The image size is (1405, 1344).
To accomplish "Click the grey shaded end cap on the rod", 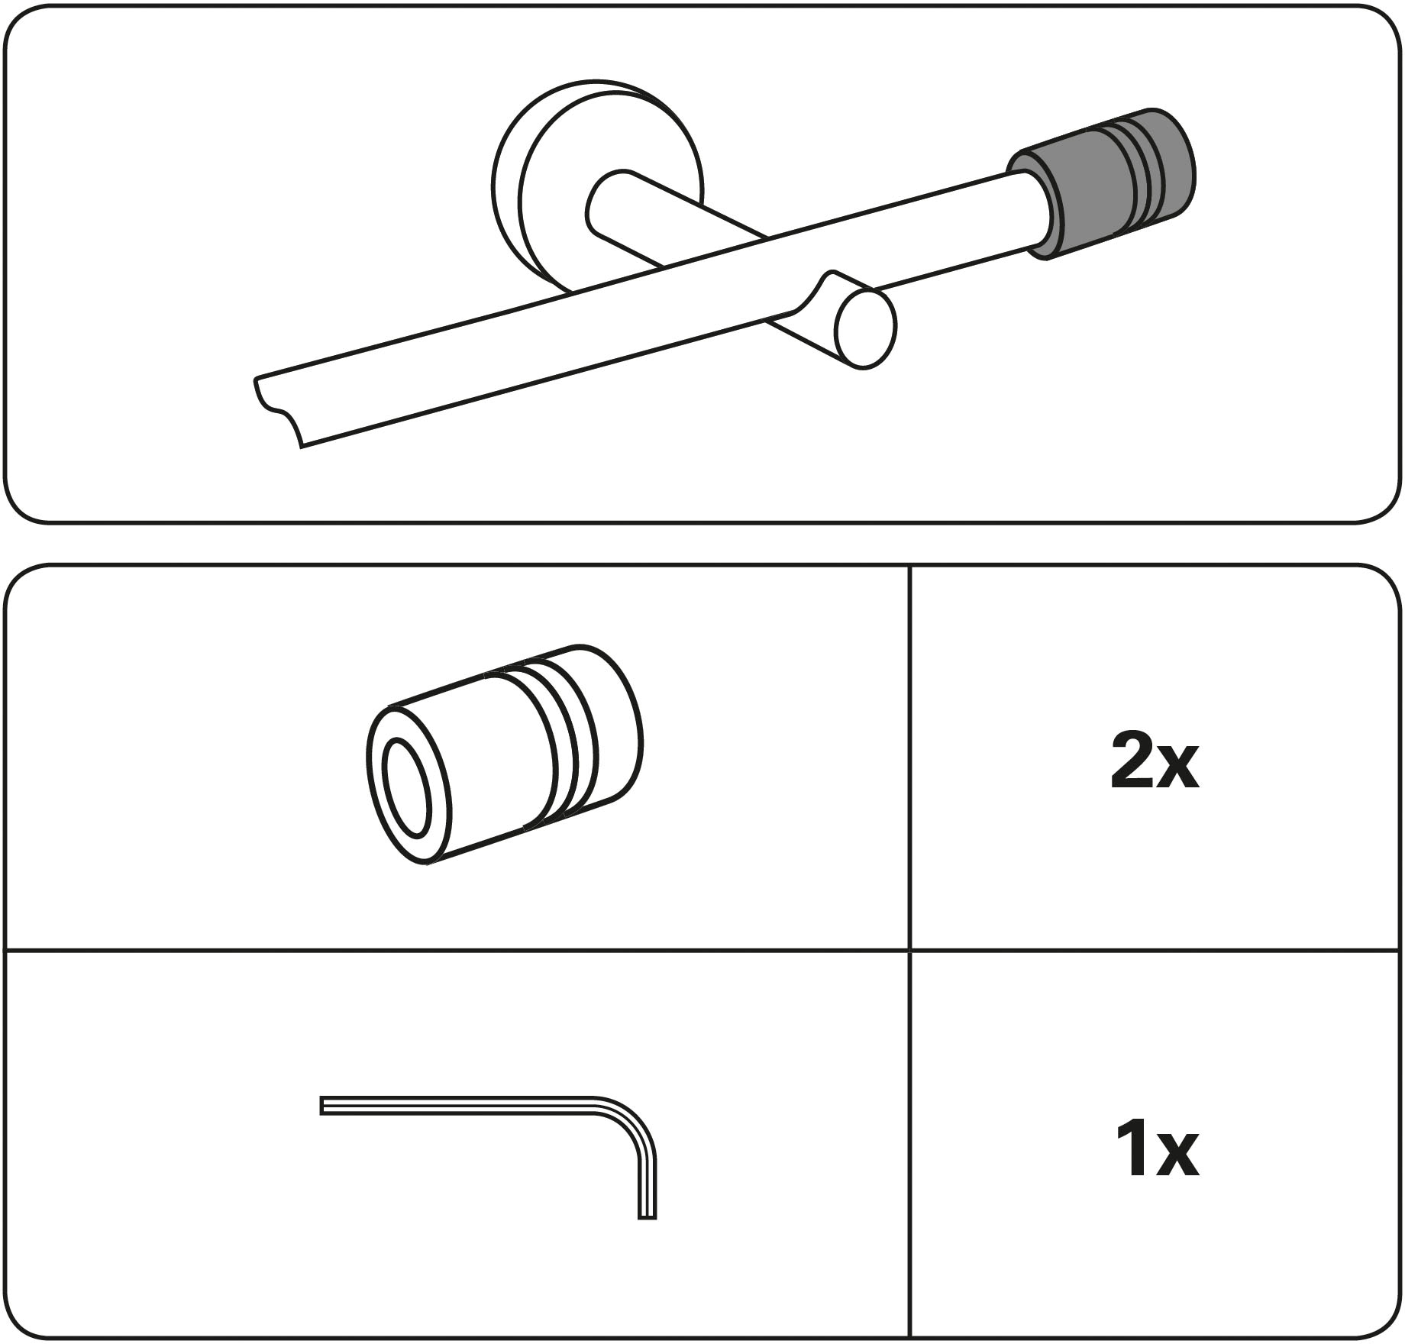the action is click(x=1101, y=184).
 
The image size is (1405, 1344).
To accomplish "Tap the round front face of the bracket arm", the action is click(x=866, y=328).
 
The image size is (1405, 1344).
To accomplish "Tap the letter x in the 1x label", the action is click(x=1177, y=1156).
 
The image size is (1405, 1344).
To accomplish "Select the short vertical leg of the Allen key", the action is click(x=647, y=1184).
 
